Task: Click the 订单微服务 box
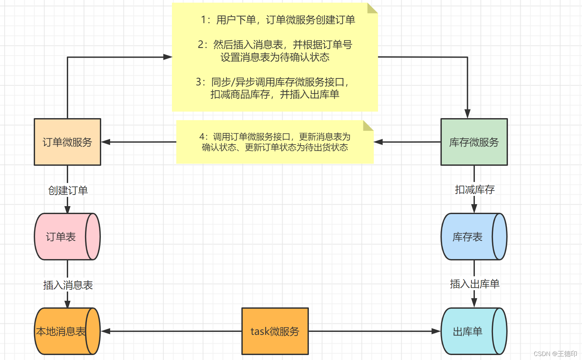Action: click(x=67, y=142)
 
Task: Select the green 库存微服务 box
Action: click(x=474, y=142)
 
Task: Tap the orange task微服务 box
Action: click(x=275, y=331)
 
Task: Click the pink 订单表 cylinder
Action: click(x=61, y=237)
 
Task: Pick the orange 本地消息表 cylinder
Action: click(x=61, y=331)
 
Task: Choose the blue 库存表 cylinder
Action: click(x=468, y=237)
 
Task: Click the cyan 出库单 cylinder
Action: click(x=468, y=331)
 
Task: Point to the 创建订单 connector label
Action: click(x=68, y=190)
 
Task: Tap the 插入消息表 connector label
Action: click(x=68, y=285)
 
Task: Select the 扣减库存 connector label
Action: click(x=475, y=190)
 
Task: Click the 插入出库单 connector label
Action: click(x=475, y=284)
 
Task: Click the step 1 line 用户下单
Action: click(x=278, y=20)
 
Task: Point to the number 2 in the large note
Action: click(x=200, y=44)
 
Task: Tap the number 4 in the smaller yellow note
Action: click(x=202, y=137)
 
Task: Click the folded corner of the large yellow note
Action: click(x=372, y=8)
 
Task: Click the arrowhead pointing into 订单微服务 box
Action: click(x=105, y=142)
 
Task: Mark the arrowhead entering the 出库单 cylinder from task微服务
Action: click(x=436, y=331)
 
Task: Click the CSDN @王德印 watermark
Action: click(x=555, y=354)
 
